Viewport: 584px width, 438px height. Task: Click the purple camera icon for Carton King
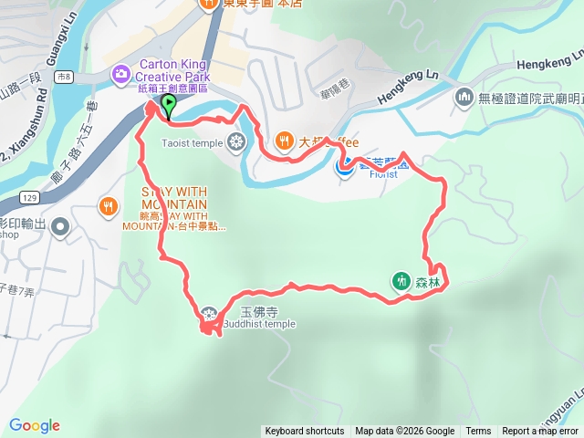120,73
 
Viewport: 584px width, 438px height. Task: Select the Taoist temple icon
236,141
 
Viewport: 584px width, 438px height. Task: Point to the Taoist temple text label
192,143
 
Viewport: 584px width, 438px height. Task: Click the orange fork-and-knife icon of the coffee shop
285,141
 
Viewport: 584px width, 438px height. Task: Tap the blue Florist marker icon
345,165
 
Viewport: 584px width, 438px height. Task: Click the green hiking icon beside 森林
401,281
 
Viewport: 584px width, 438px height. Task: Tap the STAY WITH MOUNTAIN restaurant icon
109,205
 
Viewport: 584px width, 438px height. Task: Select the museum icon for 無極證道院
464,96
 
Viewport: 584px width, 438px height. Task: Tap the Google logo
35,425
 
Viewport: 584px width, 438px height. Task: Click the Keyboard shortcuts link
305,432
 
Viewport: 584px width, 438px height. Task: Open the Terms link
478,432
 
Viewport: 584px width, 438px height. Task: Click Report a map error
540,432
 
